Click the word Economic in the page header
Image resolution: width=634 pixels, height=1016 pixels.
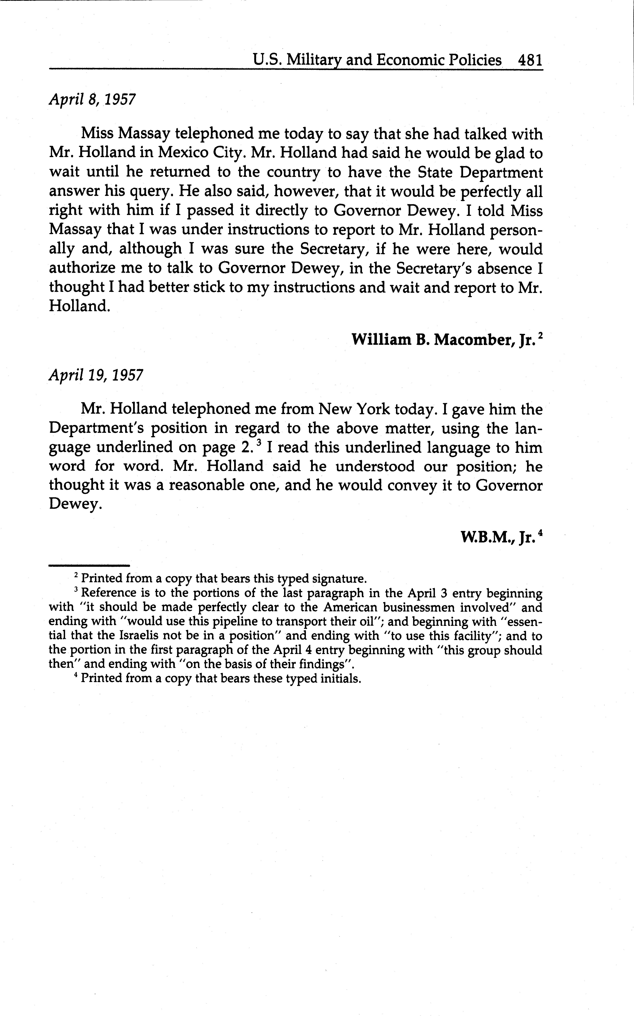(x=409, y=60)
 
